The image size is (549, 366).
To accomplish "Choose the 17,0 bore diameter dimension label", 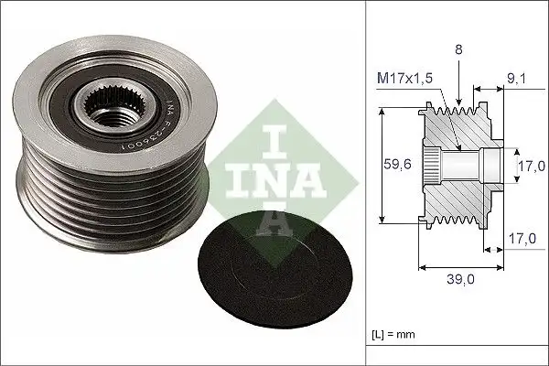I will pyautogui.click(x=530, y=167).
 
